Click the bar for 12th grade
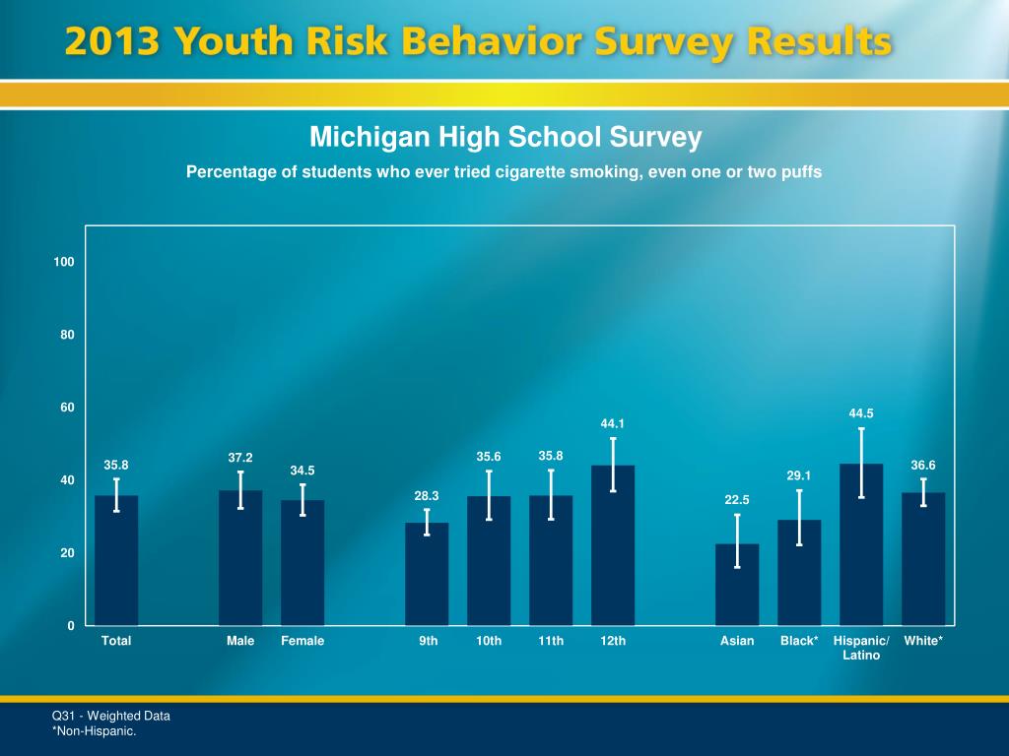tap(613, 546)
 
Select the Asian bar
tap(737, 585)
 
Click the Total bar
tap(116, 561)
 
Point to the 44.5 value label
tap(861, 414)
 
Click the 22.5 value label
tap(737, 500)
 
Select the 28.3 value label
tap(427, 496)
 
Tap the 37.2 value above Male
tap(240, 458)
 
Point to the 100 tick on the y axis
tap(65, 262)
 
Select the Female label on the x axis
tap(303, 641)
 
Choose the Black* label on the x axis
tap(799, 641)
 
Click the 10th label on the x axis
tap(489, 641)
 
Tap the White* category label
tap(923, 641)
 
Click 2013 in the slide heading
tap(112, 41)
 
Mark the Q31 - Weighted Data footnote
tap(110, 716)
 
